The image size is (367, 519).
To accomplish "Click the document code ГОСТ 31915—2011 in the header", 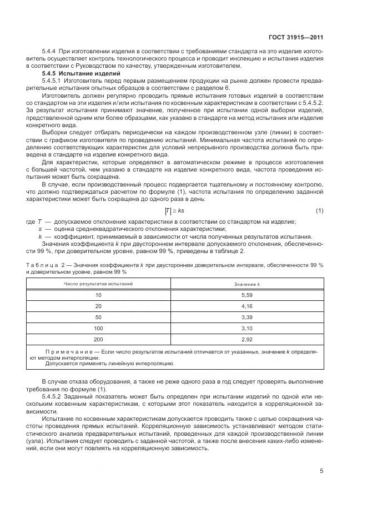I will coord(299,37).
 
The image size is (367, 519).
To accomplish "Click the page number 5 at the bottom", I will coord(321,471).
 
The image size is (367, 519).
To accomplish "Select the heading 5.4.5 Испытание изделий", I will coord(81,73).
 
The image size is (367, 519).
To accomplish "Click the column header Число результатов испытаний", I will coord(99,284).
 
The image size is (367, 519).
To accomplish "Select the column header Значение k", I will coord(247,284).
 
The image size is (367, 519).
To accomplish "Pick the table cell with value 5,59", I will coord(247,295).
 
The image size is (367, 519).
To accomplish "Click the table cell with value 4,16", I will coord(247,306).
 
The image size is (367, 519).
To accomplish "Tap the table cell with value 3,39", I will coord(247,317).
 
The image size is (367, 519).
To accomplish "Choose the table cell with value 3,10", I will coord(247,328).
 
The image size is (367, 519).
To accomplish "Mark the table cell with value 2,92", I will coord(247,339).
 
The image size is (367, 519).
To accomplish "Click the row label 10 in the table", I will coord(99,295).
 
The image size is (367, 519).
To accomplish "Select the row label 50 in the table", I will coord(99,317).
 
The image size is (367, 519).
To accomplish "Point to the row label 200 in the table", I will coord(99,339).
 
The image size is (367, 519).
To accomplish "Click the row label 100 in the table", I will coord(99,328).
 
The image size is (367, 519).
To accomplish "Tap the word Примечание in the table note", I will coord(69,352).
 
